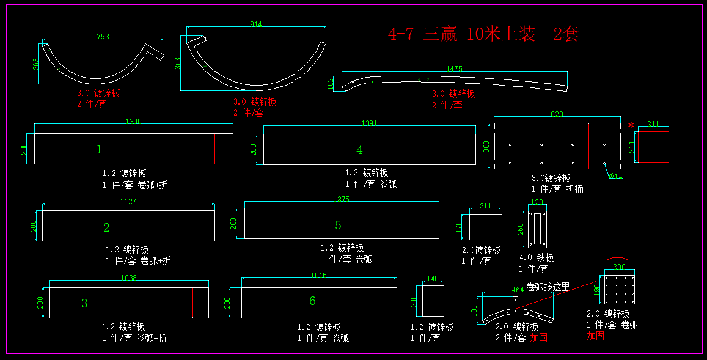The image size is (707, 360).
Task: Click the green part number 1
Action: (x=99, y=149)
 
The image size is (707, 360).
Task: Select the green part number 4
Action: (x=360, y=150)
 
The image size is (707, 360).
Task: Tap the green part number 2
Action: (x=106, y=227)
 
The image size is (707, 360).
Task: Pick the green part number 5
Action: (x=338, y=226)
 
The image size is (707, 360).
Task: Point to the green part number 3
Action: (x=84, y=303)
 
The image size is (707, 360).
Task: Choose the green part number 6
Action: (x=312, y=301)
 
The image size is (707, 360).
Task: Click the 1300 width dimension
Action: (x=133, y=122)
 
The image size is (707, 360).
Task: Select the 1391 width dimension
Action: (x=369, y=123)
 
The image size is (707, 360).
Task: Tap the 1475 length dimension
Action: (x=454, y=69)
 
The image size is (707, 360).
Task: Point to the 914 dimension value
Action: (x=256, y=24)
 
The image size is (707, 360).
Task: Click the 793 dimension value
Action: (x=103, y=37)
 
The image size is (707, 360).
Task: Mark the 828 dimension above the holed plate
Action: (x=557, y=114)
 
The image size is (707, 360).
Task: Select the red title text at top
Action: (x=483, y=34)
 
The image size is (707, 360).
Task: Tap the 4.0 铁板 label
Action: (x=537, y=258)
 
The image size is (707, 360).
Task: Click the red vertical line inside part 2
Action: (x=202, y=226)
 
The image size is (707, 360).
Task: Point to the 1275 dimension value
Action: (x=341, y=199)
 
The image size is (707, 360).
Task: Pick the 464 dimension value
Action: (x=518, y=290)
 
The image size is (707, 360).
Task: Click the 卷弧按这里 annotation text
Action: (x=548, y=287)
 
